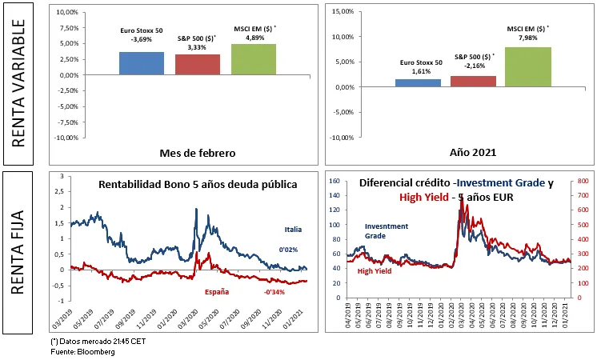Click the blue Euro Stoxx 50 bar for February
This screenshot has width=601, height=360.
click(142, 63)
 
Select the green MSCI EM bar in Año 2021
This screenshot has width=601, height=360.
click(527, 66)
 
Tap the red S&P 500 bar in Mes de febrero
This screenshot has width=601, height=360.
click(198, 64)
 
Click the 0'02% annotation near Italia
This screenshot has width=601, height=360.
click(287, 250)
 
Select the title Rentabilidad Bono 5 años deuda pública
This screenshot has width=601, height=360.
click(198, 185)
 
